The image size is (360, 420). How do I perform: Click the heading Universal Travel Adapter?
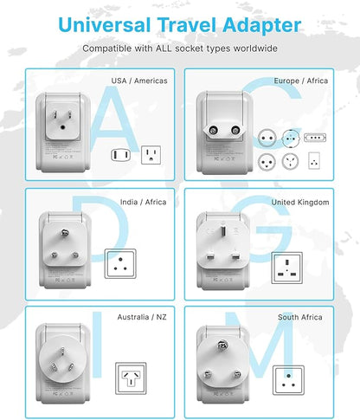point(179,24)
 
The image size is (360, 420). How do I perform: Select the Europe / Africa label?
point(300,81)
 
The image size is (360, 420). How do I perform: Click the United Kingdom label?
point(300,202)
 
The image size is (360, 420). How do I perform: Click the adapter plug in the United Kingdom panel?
point(222,249)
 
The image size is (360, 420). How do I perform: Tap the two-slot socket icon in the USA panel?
point(120,155)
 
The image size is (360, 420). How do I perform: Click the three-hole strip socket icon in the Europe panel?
point(314,137)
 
